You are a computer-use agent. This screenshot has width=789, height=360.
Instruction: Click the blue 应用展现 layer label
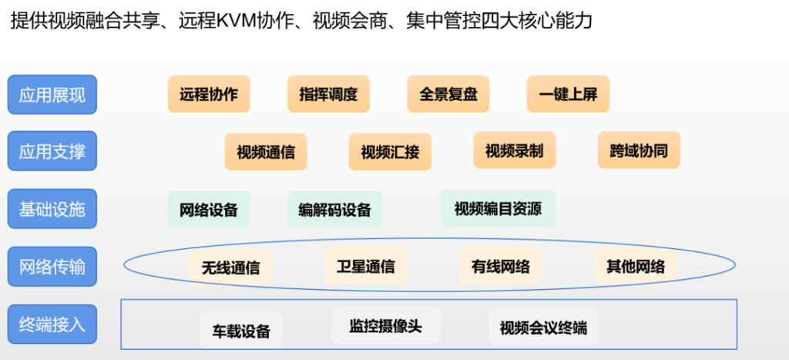pyautogui.click(x=52, y=95)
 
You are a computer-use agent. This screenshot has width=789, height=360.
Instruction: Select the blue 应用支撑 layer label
pyautogui.click(x=52, y=151)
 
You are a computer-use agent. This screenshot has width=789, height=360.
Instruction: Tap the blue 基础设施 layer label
pyautogui.click(x=52, y=208)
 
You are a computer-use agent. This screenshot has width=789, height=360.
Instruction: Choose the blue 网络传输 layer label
pyautogui.click(x=52, y=267)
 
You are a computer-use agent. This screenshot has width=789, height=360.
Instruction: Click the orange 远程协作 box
pyautogui.click(x=209, y=93)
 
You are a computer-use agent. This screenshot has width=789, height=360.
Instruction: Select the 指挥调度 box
pyautogui.click(x=328, y=93)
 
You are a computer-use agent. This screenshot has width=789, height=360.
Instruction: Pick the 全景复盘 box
pyautogui.click(x=448, y=93)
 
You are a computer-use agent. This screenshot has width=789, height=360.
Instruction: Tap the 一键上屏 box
pyautogui.click(x=568, y=93)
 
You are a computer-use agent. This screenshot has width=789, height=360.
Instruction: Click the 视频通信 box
pyautogui.click(x=266, y=152)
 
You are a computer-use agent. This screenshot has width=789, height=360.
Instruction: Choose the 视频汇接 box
pyautogui.click(x=390, y=152)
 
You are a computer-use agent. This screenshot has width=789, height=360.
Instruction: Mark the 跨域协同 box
pyautogui.click(x=639, y=150)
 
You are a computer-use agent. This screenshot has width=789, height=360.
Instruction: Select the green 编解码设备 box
pyautogui.click(x=334, y=210)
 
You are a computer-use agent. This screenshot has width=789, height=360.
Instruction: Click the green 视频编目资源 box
pyautogui.click(x=499, y=208)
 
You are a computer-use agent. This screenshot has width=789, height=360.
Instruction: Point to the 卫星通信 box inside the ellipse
pyautogui.click(x=366, y=265)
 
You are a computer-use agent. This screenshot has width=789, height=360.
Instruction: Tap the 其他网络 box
pyautogui.click(x=636, y=265)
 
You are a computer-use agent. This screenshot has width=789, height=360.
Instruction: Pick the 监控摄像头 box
pyautogui.click(x=385, y=326)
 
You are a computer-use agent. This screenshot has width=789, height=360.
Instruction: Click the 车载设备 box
pyautogui.click(x=241, y=330)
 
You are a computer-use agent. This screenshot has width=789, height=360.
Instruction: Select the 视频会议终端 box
pyautogui.click(x=543, y=328)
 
